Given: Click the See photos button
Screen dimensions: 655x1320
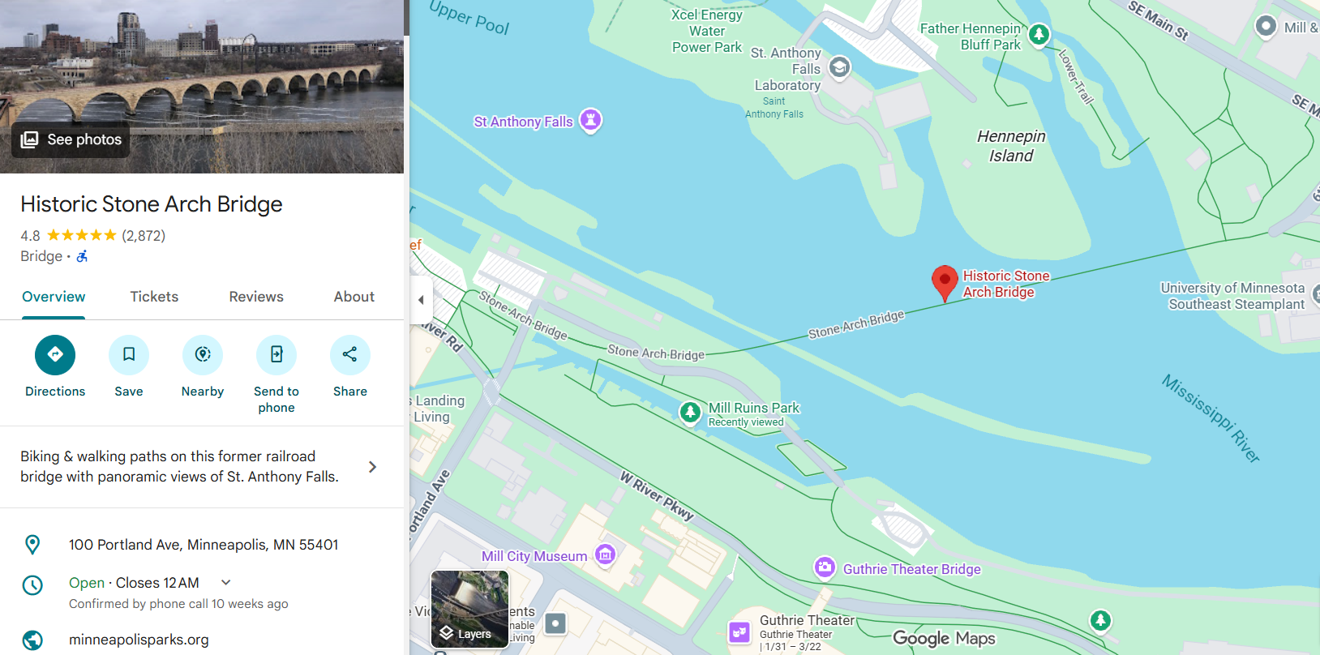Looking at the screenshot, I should (x=71, y=139).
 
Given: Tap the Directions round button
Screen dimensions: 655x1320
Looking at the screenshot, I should (x=55, y=355).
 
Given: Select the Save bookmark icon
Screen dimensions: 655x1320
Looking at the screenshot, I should (x=129, y=355).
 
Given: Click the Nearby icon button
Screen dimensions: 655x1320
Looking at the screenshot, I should (x=203, y=355).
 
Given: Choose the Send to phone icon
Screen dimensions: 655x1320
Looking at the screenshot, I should (x=276, y=355).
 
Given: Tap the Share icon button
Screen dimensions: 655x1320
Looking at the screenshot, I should (x=350, y=355).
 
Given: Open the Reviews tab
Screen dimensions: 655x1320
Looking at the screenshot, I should (x=256, y=297).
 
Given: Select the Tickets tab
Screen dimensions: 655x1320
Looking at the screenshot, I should (x=154, y=297).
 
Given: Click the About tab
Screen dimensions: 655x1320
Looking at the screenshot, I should (x=354, y=297).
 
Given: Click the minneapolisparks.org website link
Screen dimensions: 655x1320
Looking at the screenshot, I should (x=139, y=640).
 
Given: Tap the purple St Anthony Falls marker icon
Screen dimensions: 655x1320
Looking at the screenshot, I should (x=591, y=121).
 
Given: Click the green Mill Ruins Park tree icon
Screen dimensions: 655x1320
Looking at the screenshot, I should (x=690, y=412).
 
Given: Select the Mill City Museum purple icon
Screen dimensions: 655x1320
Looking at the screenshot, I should (x=605, y=554).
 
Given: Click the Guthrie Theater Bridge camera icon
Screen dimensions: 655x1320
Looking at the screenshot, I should (x=825, y=567).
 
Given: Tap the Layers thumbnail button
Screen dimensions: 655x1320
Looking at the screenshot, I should (x=469, y=609).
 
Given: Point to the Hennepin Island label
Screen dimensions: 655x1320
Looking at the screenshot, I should (x=1011, y=146).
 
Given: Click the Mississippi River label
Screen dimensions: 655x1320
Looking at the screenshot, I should (x=1211, y=418).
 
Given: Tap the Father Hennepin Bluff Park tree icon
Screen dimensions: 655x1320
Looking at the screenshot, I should (x=1039, y=35).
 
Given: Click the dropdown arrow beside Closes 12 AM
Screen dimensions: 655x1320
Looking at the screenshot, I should (x=226, y=582).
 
